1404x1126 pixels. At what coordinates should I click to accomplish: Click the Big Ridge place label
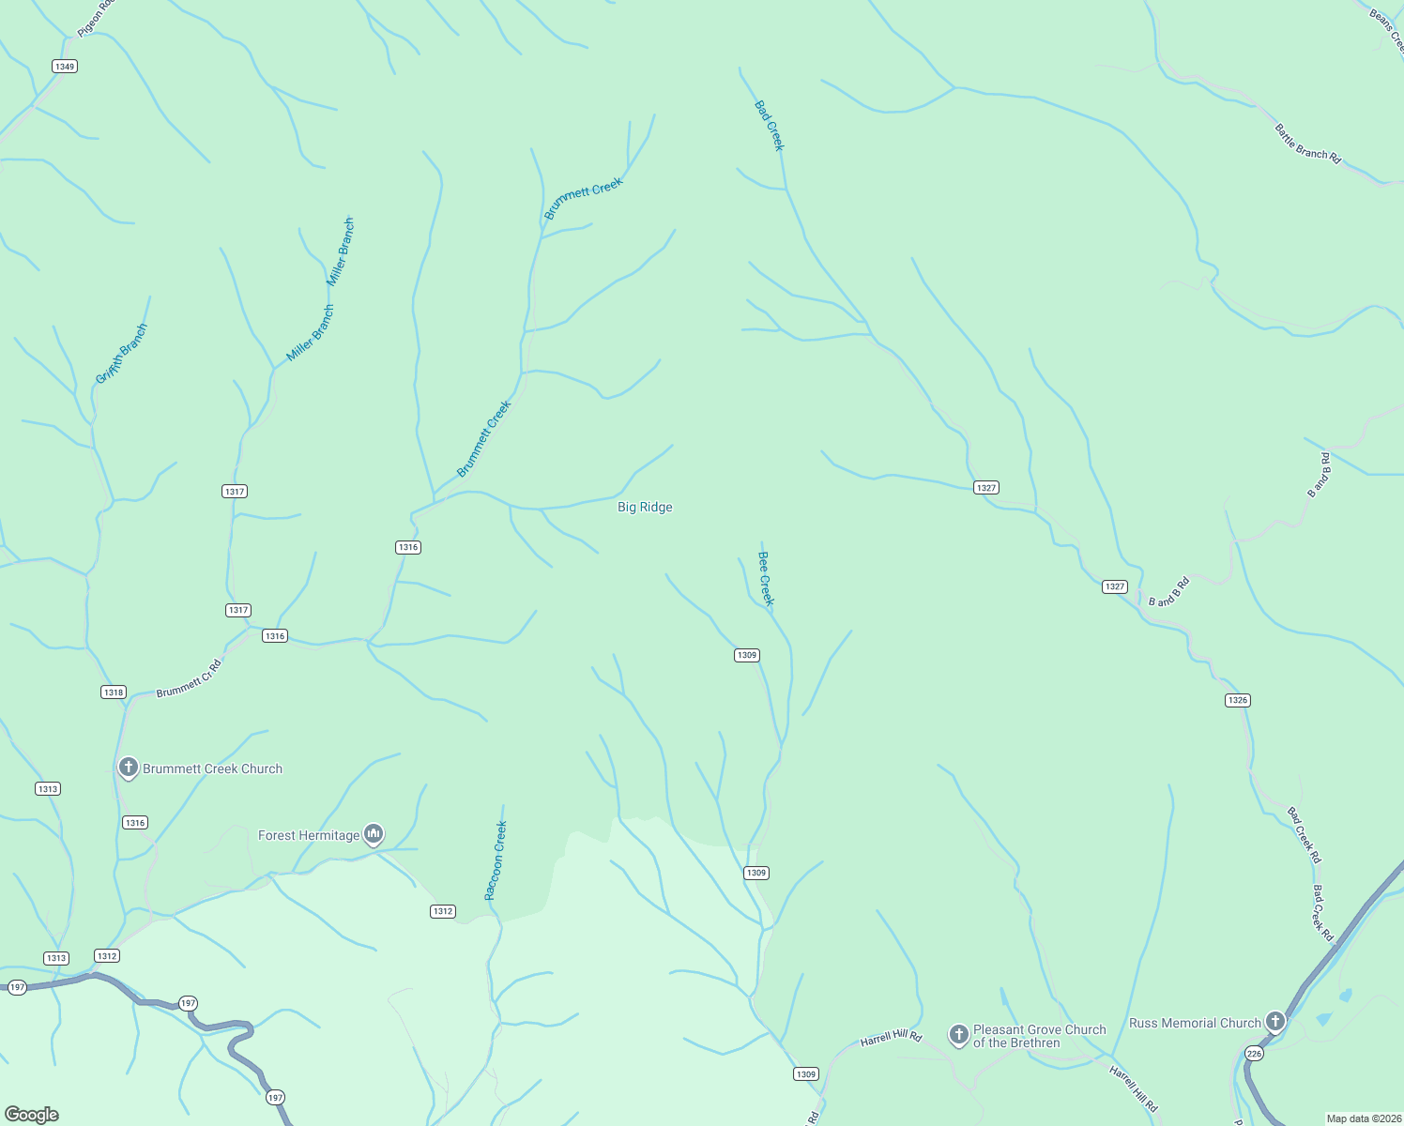pos(645,507)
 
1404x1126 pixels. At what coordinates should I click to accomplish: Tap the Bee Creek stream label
pos(766,578)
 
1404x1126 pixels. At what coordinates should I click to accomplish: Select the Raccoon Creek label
pos(496,860)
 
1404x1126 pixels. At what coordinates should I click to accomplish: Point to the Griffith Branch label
pos(122,354)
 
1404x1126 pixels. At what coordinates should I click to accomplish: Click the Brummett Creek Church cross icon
pos(129,768)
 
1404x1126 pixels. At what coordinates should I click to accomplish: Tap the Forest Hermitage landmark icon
pos(374,833)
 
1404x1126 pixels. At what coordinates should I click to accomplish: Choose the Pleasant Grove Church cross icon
pos(958,1034)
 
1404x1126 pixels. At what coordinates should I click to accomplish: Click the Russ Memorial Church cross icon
pos(1274,1021)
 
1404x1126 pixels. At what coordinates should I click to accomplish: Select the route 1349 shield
pos(65,67)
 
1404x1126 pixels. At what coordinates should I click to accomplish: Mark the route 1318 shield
pos(113,692)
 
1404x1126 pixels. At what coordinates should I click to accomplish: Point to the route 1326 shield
pos(1238,700)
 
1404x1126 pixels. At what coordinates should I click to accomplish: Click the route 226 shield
pos(1255,1054)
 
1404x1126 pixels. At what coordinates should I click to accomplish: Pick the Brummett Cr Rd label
pos(189,678)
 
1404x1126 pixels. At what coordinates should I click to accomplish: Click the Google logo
pos(32,1115)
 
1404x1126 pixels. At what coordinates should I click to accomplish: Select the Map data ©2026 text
pos(1363,1118)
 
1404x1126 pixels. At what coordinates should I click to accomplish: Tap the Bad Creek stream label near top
pos(769,126)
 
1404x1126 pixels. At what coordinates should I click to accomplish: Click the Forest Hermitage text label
pos(309,835)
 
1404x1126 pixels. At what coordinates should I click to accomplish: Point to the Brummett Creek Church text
pos(212,768)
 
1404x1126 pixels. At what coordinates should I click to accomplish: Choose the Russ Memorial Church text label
pos(1195,1023)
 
